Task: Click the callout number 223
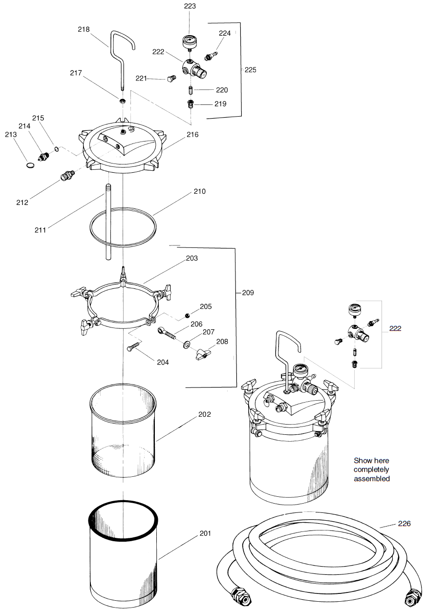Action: point(190,6)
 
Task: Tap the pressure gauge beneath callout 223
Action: point(190,41)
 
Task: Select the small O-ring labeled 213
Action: point(30,165)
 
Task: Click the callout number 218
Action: point(84,29)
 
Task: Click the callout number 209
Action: point(248,293)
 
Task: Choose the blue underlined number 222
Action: point(395,328)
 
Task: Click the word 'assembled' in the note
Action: point(372,479)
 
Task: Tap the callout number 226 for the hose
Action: point(404,524)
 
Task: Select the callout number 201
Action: point(205,533)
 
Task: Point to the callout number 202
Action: point(205,414)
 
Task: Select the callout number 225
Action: point(250,70)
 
